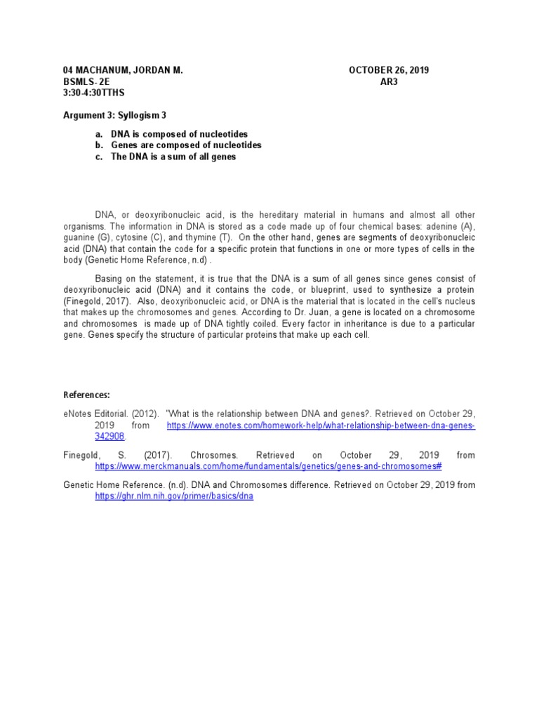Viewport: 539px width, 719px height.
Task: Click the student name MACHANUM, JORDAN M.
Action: (x=131, y=70)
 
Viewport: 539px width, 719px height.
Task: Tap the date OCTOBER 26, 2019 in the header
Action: (x=389, y=70)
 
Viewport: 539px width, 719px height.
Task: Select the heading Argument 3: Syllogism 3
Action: (x=115, y=114)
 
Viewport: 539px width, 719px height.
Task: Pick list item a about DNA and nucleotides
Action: (x=179, y=134)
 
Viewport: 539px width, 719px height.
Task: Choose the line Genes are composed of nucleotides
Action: (x=186, y=145)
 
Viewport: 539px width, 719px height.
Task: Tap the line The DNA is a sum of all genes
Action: (x=173, y=157)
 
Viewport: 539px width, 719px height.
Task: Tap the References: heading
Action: (x=87, y=395)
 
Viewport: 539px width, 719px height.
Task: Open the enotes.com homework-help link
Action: (x=321, y=426)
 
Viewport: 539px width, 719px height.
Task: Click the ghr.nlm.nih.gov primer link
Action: (x=174, y=496)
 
